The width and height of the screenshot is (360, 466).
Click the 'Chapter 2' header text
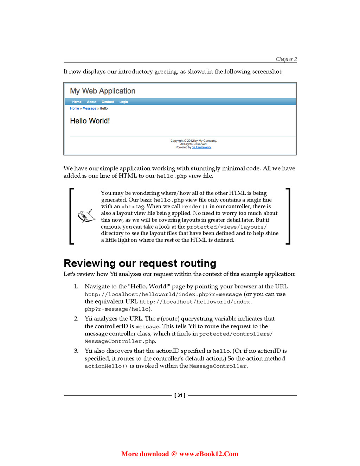tap(286, 59)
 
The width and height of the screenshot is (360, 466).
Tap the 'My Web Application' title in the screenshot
tap(102, 91)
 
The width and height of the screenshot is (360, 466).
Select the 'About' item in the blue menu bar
tap(91, 102)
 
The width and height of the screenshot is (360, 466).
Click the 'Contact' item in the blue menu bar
tap(108, 102)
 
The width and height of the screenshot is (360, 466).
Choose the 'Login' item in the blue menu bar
tap(123, 102)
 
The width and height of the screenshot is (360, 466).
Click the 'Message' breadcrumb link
tap(89, 109)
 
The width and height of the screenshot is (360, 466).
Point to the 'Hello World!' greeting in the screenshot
tap(90, 121)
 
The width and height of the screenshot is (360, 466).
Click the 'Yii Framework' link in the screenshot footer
tap(202, 147)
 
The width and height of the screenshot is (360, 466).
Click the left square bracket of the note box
tap(72, 216)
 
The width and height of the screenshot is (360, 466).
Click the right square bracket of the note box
tap(288, 216)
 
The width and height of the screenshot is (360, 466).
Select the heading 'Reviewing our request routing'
tap(140, 263)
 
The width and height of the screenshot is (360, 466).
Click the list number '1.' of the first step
tap(76, 287)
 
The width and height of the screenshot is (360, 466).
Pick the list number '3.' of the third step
tap(76, 351)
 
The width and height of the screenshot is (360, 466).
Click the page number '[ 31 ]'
tap(180, 395)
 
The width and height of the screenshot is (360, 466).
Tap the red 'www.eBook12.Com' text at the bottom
tap(208, 454)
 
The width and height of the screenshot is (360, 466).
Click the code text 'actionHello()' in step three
tap(106, 366)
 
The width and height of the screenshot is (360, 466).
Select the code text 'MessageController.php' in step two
tap(120, 341)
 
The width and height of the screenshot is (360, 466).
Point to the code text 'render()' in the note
tap(194, 207)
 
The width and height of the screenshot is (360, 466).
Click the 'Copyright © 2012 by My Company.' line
tap(194, 141)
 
